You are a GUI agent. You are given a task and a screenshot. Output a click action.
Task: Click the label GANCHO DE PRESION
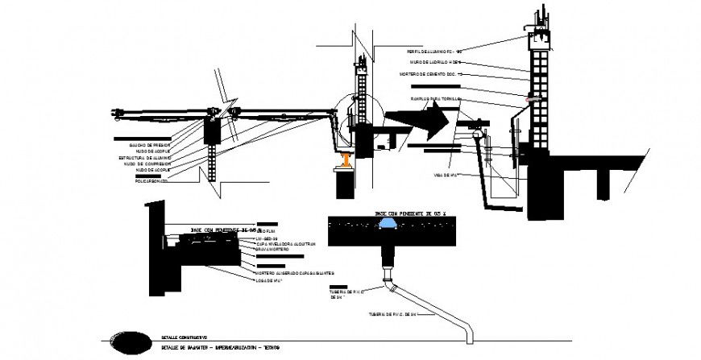click(149, 145)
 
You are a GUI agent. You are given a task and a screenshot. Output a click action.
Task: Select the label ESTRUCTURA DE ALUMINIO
click(144, 157)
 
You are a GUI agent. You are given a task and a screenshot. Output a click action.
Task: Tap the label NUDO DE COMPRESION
click(147, 163)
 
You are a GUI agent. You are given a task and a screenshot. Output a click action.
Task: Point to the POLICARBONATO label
click(151, 181)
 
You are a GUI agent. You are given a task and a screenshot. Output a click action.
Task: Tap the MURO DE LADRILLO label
click(435, 62)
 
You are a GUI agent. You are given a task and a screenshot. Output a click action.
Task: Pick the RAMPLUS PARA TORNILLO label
click(435, 99)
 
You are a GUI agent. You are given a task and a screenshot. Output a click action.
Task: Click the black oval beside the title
click(130, 343)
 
